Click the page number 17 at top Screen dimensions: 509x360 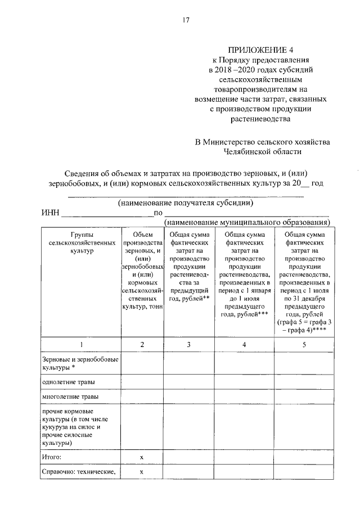coord(186,20)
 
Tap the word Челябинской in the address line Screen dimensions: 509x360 coord(250,151)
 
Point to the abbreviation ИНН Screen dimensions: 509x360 coord(49,213)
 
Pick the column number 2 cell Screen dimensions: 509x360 coord(142,344)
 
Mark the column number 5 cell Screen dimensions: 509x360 coord(304,344)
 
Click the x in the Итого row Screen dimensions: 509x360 coord(142,457)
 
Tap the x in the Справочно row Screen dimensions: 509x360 coord(142,472)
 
